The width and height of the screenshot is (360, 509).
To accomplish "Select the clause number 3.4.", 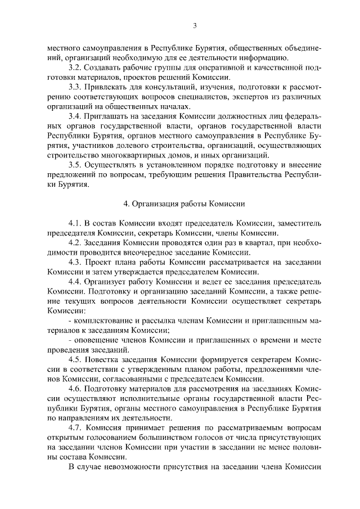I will (x=75, y=116).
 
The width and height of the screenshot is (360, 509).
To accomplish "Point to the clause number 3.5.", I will (x=75, y=165).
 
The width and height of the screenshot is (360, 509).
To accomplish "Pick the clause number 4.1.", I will (x=75, y=224).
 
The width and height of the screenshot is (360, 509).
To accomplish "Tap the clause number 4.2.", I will (x=75, y=243).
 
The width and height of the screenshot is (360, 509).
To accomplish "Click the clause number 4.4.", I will (x=75, y=282).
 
